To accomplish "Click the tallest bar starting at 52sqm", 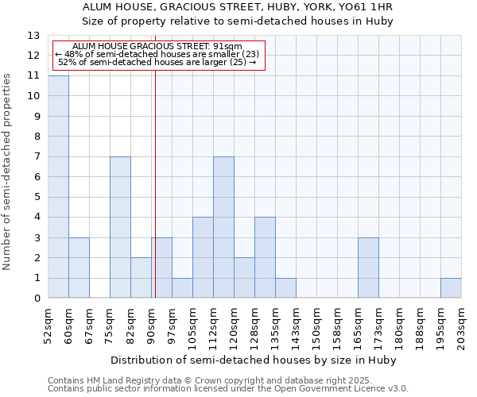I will point(58,187).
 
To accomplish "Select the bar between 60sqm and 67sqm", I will point(79,268).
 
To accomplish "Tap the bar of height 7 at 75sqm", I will point(120,227).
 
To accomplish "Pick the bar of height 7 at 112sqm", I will point(223,227).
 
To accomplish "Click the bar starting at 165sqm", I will point(368,268).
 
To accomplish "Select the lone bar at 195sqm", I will point(451,288).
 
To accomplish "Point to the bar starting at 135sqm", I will point(285,288).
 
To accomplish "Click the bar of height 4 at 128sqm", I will point(265,257).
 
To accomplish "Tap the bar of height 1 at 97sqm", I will point(182,288).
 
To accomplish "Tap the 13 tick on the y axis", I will point(34,36).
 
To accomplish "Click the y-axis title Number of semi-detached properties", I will point(8,172).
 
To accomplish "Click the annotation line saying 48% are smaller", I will point(157,54).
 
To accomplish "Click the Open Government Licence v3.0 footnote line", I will point(228,389).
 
